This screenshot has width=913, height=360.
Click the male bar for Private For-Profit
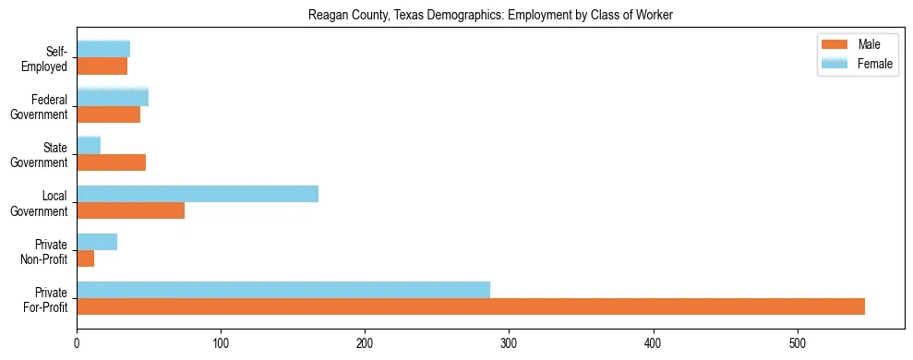pyautogui.click(x=471, y=306)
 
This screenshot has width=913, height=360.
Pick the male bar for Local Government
pyautogui.click(x=130, y=210)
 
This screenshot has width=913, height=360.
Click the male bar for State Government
pyautogui.click(x=111, y=162)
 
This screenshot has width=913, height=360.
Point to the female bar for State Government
pyautogui.click(x=89, y=145)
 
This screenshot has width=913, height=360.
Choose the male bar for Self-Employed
pyautogui.click(x=102, y=66)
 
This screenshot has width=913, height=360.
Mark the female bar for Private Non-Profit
pyautogui.click(x=97, y=242)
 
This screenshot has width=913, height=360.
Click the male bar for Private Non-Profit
pyautogui.click(x=86, y=258)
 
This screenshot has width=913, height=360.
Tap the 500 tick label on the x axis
pyautogui.click(x=798, y=342)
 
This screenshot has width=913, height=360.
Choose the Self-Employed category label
pyautogui.click(x=47, y=59)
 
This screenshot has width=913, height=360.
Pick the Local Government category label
pyautogui.click(x=42, y=203)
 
